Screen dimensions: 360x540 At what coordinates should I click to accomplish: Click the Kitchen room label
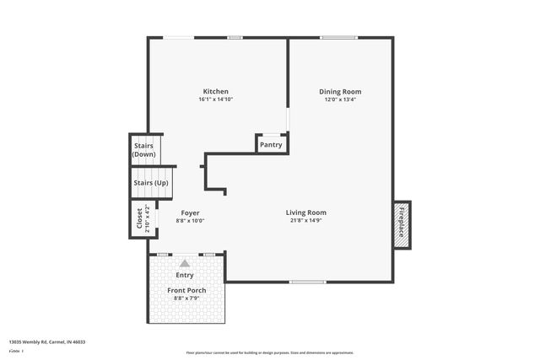click(215, 91)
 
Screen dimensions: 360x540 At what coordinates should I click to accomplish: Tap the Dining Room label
click(340, 91)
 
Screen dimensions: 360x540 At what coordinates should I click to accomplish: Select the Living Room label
click(305, 212)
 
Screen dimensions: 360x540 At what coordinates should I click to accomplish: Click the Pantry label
click(271, 145)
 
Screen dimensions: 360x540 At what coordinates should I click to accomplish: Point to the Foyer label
click(190, 212)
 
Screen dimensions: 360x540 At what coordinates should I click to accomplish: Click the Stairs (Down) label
click(143, 150)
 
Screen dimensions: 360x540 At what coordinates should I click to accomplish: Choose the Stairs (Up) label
click(150, 183)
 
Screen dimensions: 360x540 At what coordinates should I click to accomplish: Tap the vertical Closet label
click(140, 218)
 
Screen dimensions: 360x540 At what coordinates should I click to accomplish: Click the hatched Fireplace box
click(402, 225)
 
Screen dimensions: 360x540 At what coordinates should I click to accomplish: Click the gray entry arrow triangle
click(184, 263)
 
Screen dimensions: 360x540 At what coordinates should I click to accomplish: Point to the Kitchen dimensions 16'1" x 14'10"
click(215, 99)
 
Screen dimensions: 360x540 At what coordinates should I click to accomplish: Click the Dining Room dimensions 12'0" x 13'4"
click(340, 99)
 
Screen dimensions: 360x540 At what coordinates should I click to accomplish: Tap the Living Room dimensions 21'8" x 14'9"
click(305, 221)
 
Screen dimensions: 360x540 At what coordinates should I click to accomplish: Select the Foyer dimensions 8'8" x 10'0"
click(190, 221)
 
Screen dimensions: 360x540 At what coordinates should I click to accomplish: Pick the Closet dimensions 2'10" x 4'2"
click(147, 218)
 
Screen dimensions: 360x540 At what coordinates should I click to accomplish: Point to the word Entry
click(184, 275)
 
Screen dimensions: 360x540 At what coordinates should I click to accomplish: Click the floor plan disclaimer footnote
click(269, 353)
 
